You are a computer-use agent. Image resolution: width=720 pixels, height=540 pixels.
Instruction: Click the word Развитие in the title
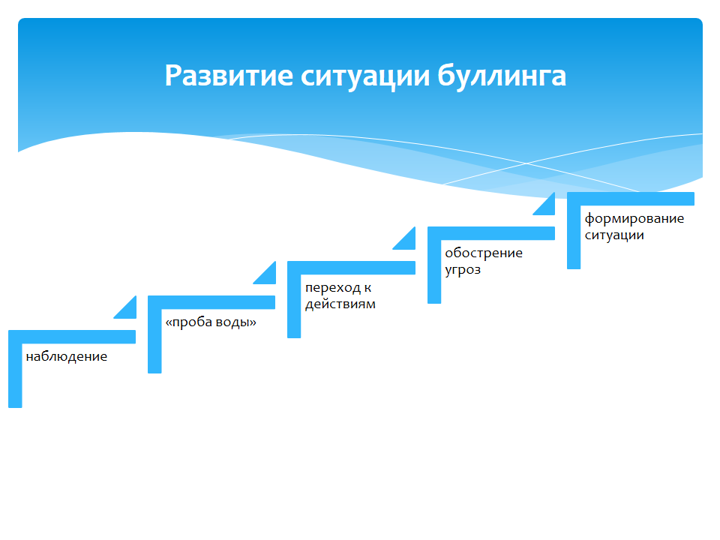[x=229, y=75]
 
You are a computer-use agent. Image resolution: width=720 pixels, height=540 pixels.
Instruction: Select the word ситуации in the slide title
[x=365, y=76]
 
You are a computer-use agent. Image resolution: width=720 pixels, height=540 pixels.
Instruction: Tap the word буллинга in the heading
[x=502, y=76]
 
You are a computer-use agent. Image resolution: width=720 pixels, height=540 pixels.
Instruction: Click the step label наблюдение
[x=67, y=356]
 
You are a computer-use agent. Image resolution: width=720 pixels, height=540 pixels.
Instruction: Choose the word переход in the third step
[x=333, y=288]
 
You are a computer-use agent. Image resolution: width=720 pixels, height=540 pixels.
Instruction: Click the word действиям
[x=340, y=304]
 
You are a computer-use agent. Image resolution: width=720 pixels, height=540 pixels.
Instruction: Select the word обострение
[x=484, y=253]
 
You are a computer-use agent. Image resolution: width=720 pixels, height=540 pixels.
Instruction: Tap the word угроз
[x=463, y=269]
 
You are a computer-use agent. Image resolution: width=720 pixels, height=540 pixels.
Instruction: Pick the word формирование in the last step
[x=634, y=218]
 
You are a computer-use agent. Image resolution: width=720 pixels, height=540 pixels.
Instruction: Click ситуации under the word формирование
[x=614, y=235]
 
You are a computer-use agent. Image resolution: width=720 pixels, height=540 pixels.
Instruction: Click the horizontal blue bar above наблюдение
[x=72, y=337]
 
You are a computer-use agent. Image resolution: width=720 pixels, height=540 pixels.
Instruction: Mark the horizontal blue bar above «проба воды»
[x=211, y=302]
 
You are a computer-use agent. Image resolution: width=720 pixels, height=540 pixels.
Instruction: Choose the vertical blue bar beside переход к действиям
[x=294, y=300]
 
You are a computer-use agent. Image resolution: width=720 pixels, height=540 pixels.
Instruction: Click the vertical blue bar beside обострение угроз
[x=434, y=265]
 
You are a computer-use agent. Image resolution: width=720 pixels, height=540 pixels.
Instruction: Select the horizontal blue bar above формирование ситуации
[x=631, y=199]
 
